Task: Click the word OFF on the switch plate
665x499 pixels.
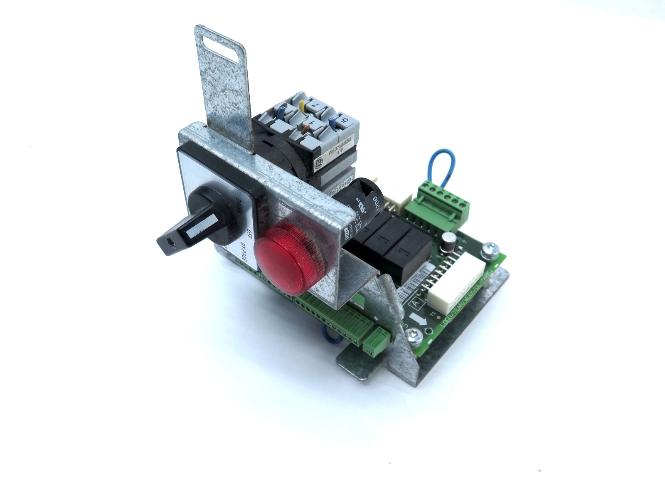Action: point(250,234)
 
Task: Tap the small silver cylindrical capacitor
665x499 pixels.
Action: point(448,242)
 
